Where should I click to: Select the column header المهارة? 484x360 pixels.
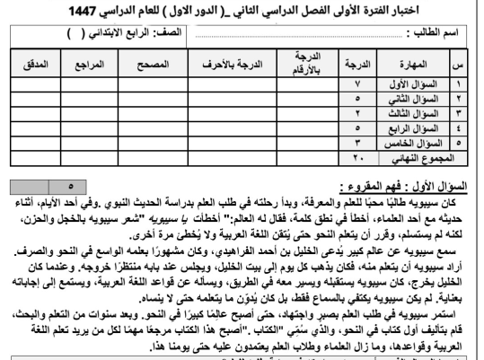coord(422,66)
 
